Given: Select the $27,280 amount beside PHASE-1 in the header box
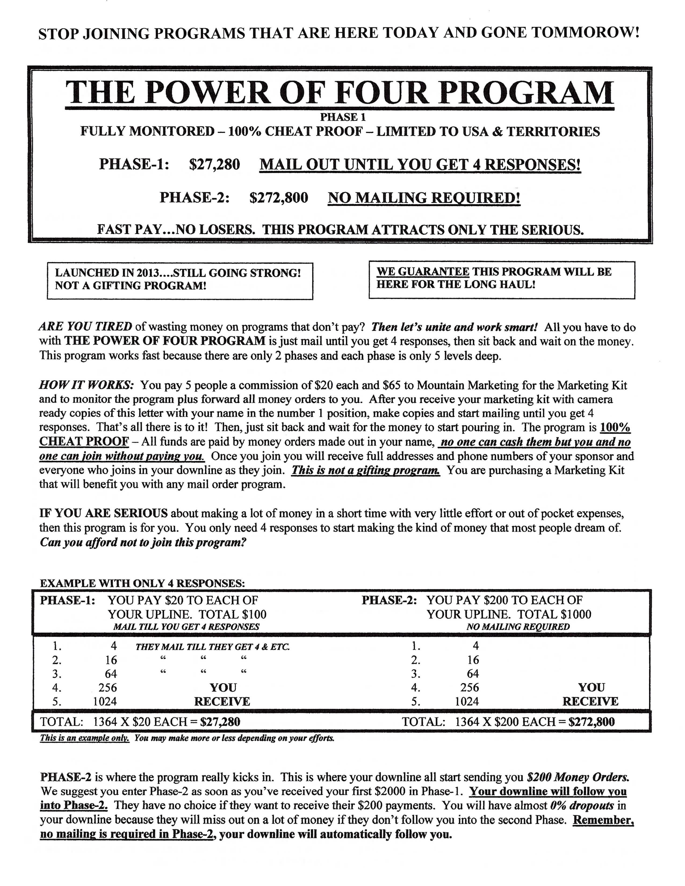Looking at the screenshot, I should click(214, 164).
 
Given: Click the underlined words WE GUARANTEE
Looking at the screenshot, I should click(423, 271).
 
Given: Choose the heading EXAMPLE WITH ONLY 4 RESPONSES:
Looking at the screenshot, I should click(142, 583).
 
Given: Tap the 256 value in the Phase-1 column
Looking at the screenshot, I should click(107, 688).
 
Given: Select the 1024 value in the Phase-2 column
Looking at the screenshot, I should click(467, 701).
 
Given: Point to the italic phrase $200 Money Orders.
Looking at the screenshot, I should click(578, 777).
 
